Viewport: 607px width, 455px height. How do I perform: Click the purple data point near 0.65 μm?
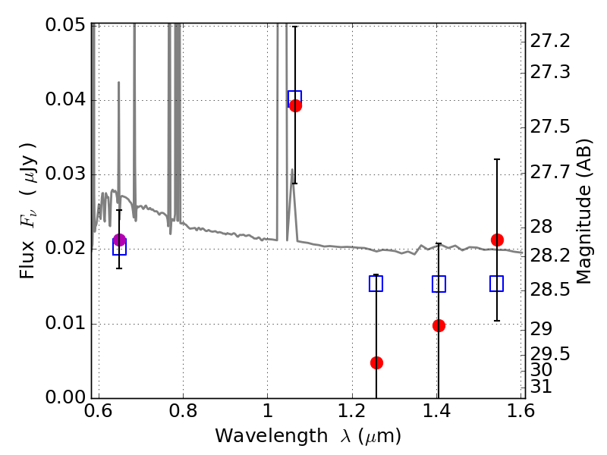tap(119, 240)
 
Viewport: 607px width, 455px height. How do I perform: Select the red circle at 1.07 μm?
tap(295, 105)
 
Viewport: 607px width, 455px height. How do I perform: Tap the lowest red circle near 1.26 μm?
tap(376, 362)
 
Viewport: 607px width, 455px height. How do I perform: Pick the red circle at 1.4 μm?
tap(439, 325)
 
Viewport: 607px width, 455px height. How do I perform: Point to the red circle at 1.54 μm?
tap(497, 240)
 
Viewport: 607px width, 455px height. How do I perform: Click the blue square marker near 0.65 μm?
tap(119, 247)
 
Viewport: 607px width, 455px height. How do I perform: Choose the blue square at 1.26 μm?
tap(376, 284)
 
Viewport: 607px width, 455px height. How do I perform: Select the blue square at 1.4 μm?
tap(439, 284)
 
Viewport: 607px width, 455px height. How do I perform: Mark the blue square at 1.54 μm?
tap(497, 284)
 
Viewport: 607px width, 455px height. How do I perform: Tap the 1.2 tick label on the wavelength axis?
tap(352, 412)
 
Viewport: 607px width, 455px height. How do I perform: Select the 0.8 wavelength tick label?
tap(182, 412)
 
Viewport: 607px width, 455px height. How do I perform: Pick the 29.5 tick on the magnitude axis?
tap(551, 353)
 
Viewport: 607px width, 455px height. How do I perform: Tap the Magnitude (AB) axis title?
tap(584, 211)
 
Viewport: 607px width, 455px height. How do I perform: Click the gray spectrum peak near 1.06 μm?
tap(293, 170)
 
